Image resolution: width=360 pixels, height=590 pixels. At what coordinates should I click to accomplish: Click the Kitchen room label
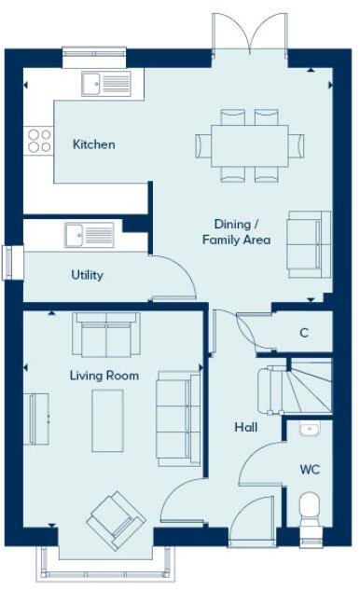click(94, 144)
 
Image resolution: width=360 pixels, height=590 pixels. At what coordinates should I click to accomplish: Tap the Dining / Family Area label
click(236, 232)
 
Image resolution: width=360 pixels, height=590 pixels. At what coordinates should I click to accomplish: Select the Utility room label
click(87, 275)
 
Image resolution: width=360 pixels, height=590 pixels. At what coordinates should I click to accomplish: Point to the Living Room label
click(104, 376)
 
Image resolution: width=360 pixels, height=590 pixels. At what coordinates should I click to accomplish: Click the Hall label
click(246, 428)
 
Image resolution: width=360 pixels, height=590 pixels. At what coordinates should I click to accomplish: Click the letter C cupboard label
click(304, 333)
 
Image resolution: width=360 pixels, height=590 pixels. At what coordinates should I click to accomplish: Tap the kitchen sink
click(105, 85)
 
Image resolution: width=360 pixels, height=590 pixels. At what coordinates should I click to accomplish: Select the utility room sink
click(90, 234)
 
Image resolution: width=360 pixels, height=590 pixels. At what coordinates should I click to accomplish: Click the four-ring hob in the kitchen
click(39, 140)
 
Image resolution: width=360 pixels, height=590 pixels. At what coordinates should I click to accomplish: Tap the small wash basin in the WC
click(310, 430)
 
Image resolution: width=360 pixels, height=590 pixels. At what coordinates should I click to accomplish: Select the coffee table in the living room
click(107, 418)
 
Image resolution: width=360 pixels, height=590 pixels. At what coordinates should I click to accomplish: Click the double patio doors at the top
click(249, 33)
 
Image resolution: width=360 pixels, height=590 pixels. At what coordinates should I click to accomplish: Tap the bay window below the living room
click(105, 566)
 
